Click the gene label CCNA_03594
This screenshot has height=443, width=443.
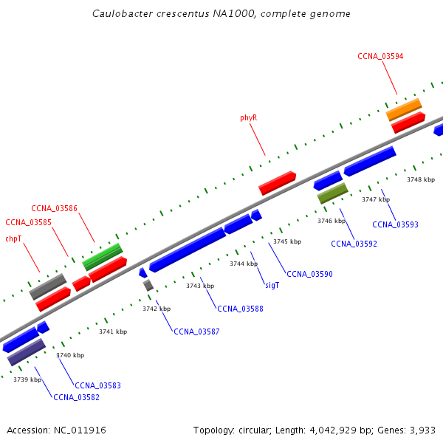coord(380,56)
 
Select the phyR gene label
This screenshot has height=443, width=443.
coord(248,117)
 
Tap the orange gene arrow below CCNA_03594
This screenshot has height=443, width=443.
coord(404,109)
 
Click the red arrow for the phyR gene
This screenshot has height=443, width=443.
coord(277,182)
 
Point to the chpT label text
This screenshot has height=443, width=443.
coord(13,238)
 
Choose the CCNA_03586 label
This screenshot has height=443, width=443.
coord(54,208)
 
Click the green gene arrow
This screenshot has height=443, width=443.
coord(103,255)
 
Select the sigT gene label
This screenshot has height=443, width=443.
coord(272,284)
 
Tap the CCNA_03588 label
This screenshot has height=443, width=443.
coord(240,309)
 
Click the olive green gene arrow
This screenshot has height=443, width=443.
coord(332,193)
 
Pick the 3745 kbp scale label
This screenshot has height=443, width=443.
coord(287,241)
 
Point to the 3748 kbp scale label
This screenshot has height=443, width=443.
coord(421,179)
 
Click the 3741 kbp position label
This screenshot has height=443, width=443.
coord(113,332)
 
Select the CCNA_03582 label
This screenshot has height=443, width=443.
coord(76,397)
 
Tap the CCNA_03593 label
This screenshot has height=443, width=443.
coord(395,224)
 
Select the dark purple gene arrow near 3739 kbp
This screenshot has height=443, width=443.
coord(27,351)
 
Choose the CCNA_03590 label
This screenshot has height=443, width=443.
coord(309,274)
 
